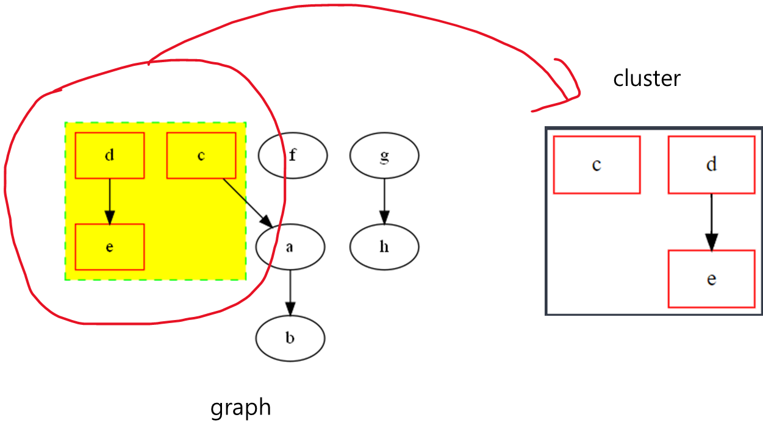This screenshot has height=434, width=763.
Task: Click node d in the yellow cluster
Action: (110, 155)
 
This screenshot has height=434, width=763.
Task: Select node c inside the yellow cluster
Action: (201, 155)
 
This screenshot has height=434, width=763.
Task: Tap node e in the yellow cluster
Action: (110, 247)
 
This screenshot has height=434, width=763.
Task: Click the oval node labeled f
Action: (293, 155)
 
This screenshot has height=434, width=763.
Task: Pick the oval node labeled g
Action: (384, 155)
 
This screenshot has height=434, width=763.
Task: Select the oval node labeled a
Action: (290, 247)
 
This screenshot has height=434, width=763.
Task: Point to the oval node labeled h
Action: (384, 247)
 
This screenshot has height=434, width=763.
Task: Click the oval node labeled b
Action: (290, 338)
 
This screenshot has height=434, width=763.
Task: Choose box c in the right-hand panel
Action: (596, 165)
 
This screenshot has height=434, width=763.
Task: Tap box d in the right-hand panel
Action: (711, 165)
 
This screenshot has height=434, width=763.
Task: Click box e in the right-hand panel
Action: (711, 279)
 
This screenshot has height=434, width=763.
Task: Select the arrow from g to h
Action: (384, 198)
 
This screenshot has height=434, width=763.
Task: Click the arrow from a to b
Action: (290, 290)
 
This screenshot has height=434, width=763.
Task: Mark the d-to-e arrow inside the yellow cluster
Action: (110, 198)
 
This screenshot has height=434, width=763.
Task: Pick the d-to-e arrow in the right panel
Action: (711, 219)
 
